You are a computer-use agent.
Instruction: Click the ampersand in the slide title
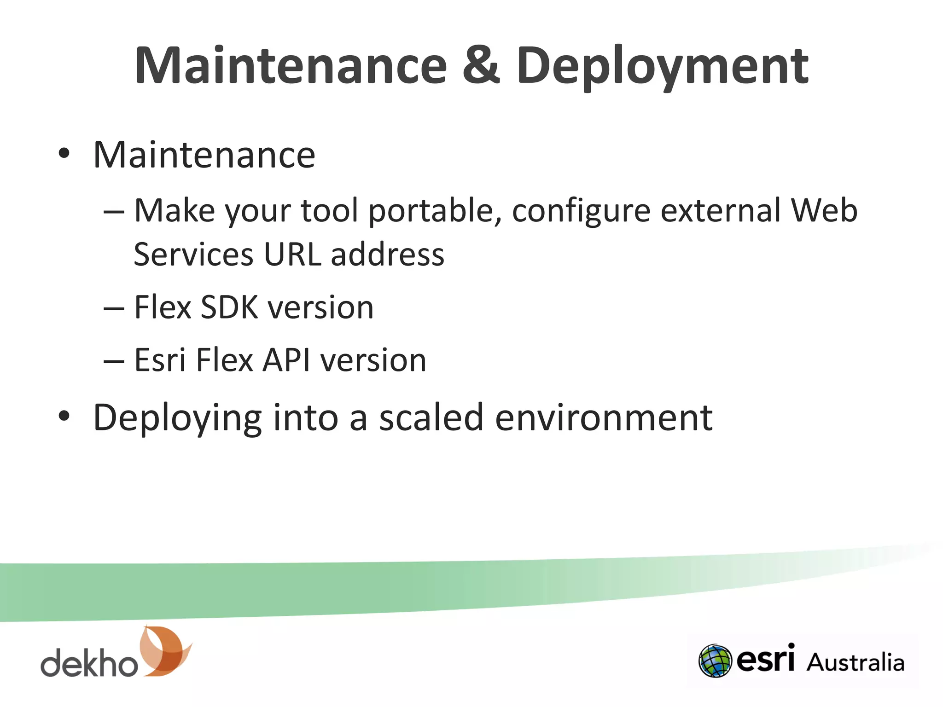click(x=481, y=66)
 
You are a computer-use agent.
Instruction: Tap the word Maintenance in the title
click(x=291, y=66)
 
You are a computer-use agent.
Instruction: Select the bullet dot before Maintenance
click(x=64, y=154)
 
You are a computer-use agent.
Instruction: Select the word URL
click(x=292, y=254)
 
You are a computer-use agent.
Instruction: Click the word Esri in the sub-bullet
click(x=159, y=360)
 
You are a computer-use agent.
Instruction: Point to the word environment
click(x=603, y=418)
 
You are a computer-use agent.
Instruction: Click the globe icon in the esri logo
click(x=715, y=661)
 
